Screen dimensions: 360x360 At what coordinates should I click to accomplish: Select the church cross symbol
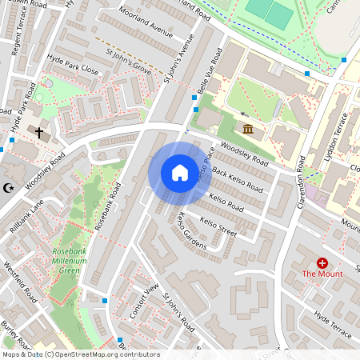click(x=38, y=131)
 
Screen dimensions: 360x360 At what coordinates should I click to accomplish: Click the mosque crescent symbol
click(x=9, y=188)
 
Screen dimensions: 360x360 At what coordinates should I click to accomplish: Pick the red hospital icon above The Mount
click(x=322, y=262)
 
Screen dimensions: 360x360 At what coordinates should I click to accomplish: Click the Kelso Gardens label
click(x=191, y=230)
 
